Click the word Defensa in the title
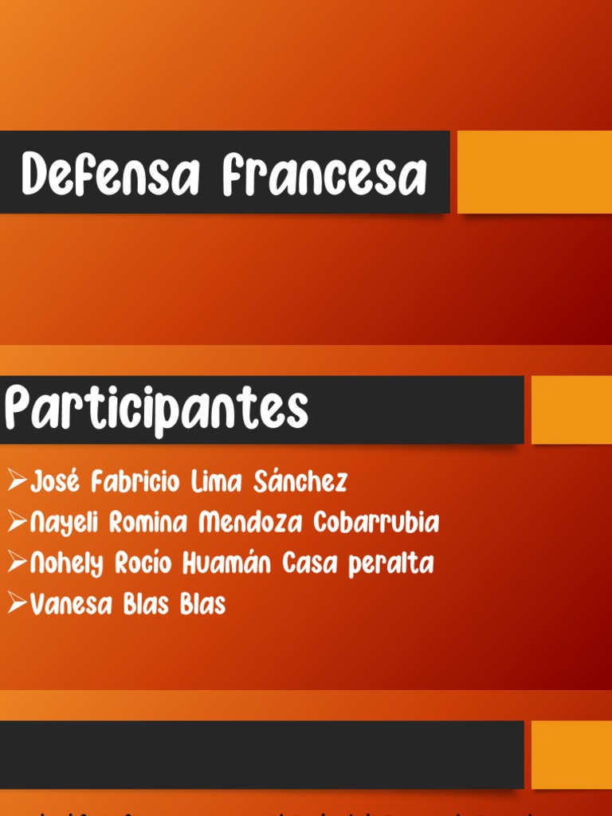(110, 175)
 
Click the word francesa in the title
(324, 175)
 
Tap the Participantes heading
(156, 410)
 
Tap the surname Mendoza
(251, 524)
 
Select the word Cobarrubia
(375, 524)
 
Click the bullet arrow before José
(17, 481)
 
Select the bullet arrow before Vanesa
(17, 604)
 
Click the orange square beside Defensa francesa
(534, 172)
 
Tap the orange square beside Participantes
(571, 410)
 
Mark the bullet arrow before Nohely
(17, 563)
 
